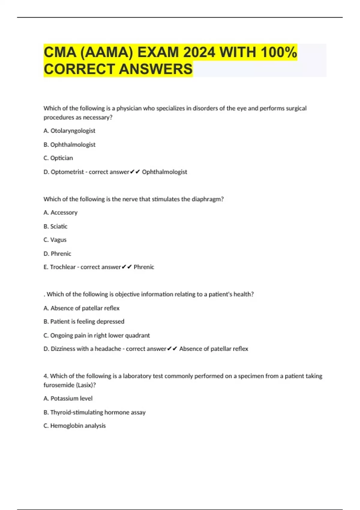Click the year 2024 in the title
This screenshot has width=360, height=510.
pos(199,52)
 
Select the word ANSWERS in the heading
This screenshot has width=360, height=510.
pos(156,69)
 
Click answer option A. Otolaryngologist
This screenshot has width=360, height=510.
pos(69,131)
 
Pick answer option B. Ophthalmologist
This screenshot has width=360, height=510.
pos(69,145)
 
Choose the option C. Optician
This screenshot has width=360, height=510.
pos(58,158)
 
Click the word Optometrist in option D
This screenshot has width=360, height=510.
pos(67,172)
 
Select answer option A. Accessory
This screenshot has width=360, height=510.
pos(60,213)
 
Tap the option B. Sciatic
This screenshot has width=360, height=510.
pos(55,226)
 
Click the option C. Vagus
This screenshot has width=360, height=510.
pos(55,240)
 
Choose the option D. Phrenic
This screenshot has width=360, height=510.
pos(57,254)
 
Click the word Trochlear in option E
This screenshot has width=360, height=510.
pos(63,267)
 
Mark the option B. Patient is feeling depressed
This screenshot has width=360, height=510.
pos(84,322)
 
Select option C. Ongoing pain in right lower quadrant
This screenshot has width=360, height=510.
pos(97,335)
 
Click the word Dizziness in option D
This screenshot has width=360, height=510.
pos(63,349)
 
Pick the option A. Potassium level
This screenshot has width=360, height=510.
pos(68,398)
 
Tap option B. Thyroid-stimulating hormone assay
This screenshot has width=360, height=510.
pos(94,412)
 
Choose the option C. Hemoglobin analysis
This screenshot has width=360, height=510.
pos(75,426)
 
